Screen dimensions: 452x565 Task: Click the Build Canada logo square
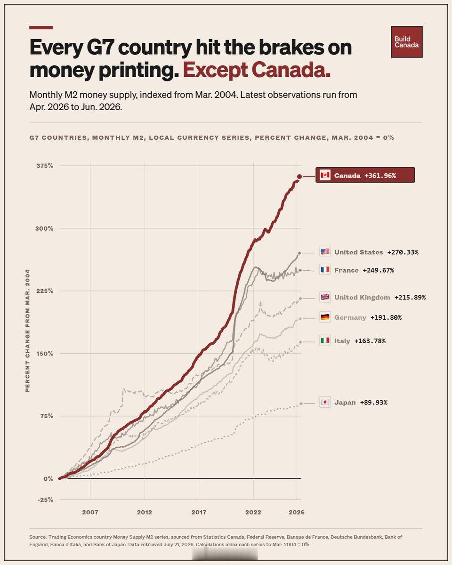tap(406, 42)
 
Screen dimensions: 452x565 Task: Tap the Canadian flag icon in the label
tap(325, 175)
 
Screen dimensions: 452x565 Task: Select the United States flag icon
tap(325, 251)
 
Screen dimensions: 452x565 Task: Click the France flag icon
tap(325, 270)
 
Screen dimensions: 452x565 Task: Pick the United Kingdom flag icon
tap(325, 297)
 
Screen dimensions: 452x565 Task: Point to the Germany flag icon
tap(325, 317)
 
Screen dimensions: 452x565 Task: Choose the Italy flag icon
tap(325, 340)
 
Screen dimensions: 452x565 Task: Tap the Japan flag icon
tap(325, 402)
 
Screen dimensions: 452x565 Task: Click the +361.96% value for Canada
tap(380, 176)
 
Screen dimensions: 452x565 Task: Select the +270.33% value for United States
tap(403, 252)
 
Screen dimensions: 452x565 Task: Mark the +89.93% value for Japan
tap(373, 403)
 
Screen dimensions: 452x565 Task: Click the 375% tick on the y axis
tap(45, 166)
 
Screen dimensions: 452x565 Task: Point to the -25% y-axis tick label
tap(46, 500)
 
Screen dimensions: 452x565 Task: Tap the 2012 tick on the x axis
tap(145, 512)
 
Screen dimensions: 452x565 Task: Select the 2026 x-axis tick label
tap(297, 512)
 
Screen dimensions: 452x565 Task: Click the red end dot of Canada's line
tap(299, 177)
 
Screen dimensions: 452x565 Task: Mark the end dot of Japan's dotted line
tap(301, 404)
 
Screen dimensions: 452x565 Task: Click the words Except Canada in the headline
tap(257, 70)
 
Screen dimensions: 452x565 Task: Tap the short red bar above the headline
tap(41, 27)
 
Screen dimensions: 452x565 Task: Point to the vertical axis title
tap(28, 331)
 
